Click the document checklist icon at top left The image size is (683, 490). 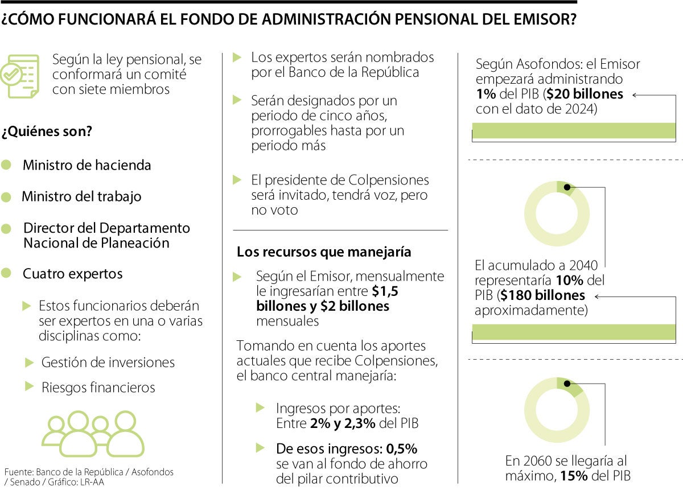(20, 75)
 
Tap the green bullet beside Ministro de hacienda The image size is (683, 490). (6, 165)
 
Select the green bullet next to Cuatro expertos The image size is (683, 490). (6, 273)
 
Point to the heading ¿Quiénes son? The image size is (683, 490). (47, 131)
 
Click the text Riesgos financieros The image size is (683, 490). (98, 388)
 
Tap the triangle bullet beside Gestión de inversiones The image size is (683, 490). (30, 362)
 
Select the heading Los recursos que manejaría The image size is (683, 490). (324, 252)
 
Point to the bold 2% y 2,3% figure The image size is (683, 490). (343, 423)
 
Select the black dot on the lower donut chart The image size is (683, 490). (567, 384)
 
